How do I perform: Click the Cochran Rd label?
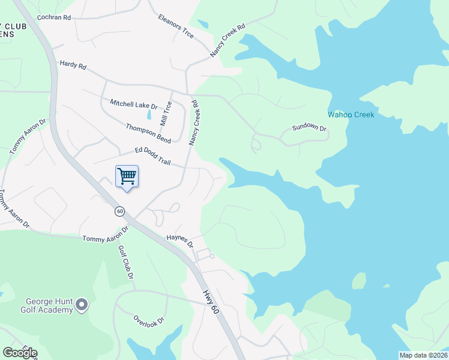(x=54, y=18)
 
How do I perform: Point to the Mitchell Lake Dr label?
(x=133, y=104)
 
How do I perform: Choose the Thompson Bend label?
(x=148, y=133)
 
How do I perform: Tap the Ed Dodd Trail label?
(x=154, y=155)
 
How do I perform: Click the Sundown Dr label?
(x=309, y=128)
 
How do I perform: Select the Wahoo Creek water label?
(x=351, y=115)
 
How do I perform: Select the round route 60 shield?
(x=120, y=211)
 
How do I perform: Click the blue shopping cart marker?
(x=127, y=177)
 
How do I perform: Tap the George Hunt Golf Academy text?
(x=49, y=306)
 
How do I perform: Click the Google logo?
(x=20, y=353)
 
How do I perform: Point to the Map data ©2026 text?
(x=423, y=355)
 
